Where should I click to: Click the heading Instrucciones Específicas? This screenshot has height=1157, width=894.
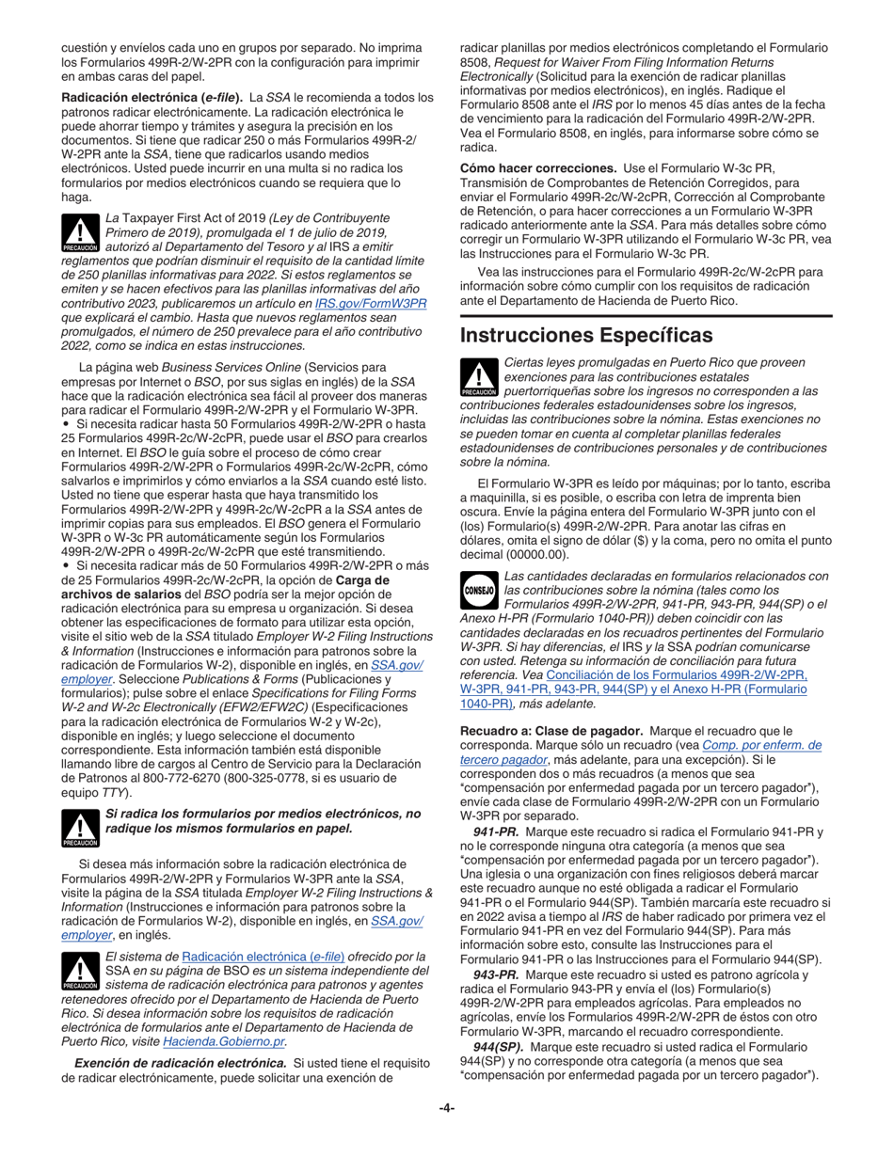tap(585, 334)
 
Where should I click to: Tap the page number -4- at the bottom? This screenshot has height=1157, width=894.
tap(447, 1107)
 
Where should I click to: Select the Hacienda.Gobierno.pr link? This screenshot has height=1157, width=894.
tap(225, 1041)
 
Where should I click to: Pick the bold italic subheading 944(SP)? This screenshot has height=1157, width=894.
tap(500, 1047)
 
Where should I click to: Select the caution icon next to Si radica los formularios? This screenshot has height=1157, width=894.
tap(80, 828)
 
